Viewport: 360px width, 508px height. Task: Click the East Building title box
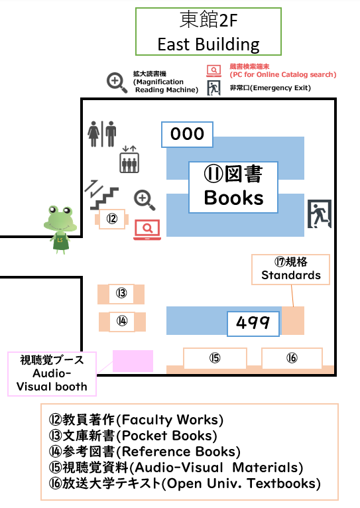(208, 31)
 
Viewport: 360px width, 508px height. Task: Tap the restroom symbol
(101, 134)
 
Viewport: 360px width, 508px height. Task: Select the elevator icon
(129, 159)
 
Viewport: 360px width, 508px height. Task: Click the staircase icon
(101, 195)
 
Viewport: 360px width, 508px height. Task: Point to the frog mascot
(60, 229)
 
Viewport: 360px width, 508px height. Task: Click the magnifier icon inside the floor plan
(145, 200)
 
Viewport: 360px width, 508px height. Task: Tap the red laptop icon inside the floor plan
(147, 229)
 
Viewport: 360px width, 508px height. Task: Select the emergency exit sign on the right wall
(319, 214)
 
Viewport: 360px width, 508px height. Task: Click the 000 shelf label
(187, 135)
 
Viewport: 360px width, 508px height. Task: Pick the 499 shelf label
(253, 324)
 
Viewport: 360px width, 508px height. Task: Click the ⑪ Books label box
(233, 187)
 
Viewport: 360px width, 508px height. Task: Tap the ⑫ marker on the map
(111, 219)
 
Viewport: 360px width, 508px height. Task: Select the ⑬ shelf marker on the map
(121, 294)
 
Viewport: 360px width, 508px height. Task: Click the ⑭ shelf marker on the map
(122, 322)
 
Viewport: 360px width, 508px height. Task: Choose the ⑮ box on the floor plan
(215, 358)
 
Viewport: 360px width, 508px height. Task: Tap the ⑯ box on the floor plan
(292, 358)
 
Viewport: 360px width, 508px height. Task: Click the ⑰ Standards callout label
(291, 269)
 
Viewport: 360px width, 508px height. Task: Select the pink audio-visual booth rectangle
(133, 361)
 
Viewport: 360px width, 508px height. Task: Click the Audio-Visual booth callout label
(52, 374)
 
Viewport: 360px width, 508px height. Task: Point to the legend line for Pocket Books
(133, 436)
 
